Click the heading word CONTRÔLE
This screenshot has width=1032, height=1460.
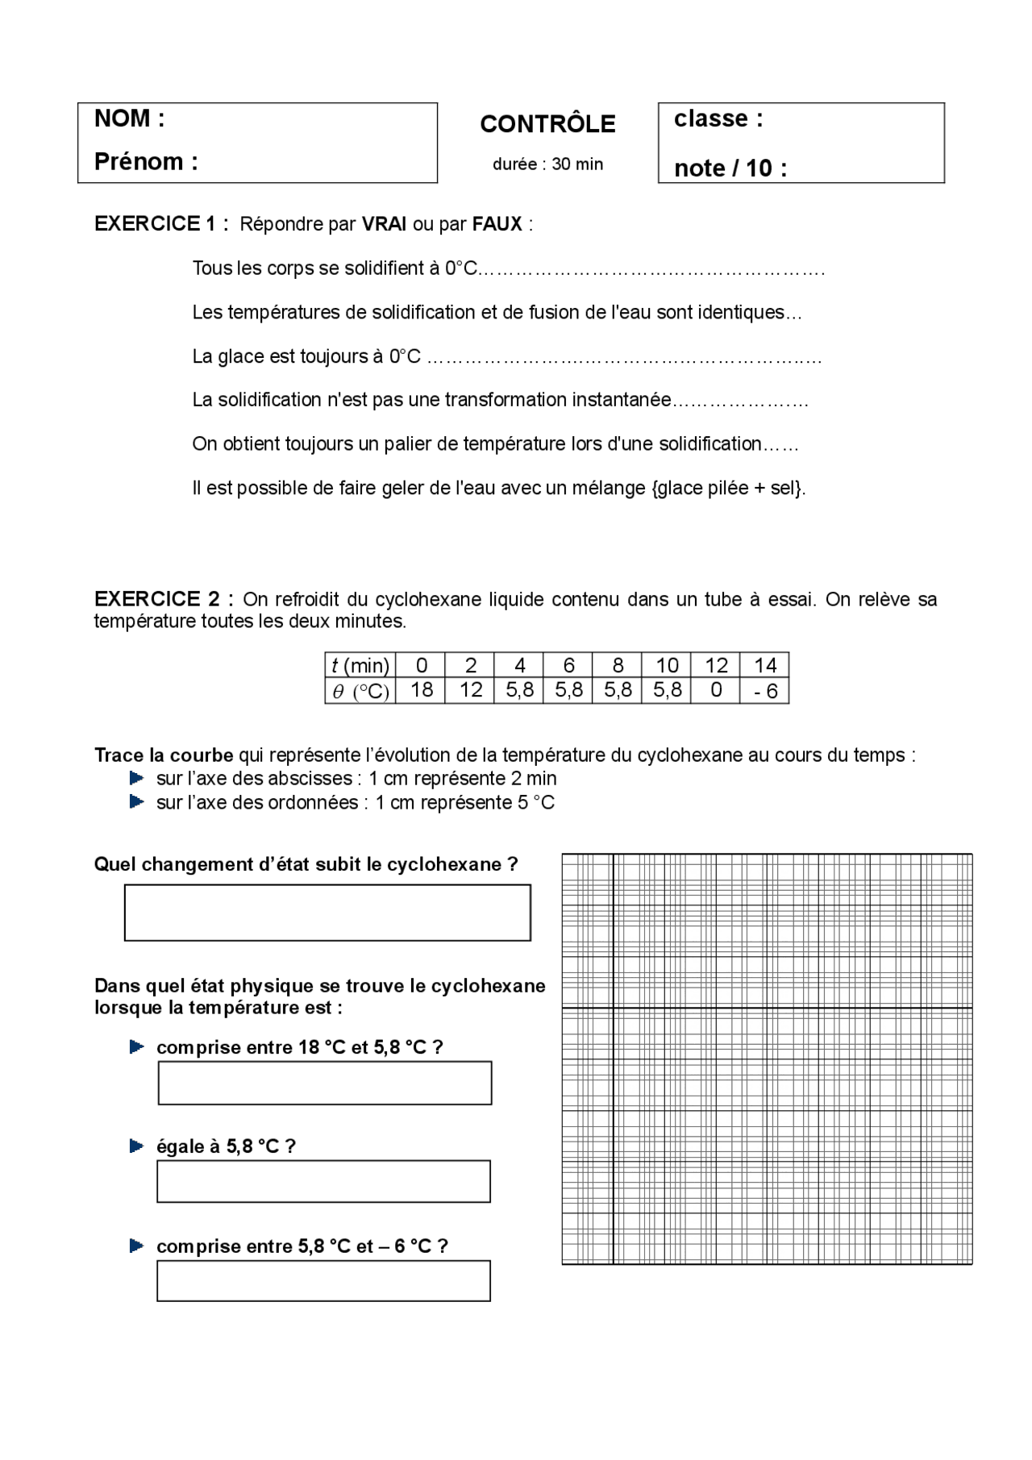click(x=547, y=124)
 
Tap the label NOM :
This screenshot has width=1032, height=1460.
click(x=130, y=119)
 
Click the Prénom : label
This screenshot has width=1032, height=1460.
click(x=146, y=162)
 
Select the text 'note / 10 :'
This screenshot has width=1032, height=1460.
click(x=730, y=168)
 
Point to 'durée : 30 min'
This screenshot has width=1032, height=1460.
click(x=547, y=164)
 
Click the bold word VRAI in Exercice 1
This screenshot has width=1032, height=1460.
click(x=384, y=224)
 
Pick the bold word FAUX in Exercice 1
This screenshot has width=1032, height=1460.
click(x=497, y=224)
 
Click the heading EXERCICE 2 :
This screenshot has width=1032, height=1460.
click(x=164, y=599)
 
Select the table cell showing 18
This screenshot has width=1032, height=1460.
click(x=422, y=690)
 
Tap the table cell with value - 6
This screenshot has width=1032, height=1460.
click(x=764, y=691)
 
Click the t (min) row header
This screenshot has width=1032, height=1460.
click(x=360, y=665)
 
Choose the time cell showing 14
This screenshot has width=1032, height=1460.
click(x=764, y=665)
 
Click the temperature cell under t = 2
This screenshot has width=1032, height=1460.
click(x=471, y=690)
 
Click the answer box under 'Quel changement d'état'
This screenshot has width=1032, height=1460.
click(x=327, y=913)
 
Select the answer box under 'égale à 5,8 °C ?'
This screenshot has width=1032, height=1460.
click(x=323, y=1182)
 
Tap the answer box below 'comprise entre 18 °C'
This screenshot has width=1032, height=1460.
click(x=324, y=1083)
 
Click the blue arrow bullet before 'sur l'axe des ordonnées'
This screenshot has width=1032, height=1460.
click(x=137, y=802)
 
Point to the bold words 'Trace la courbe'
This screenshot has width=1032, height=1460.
click(x=164, y=755)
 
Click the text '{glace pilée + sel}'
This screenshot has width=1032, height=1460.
click(x=728, y=488)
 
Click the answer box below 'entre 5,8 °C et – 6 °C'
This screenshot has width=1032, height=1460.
click(x=323, y=1281)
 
